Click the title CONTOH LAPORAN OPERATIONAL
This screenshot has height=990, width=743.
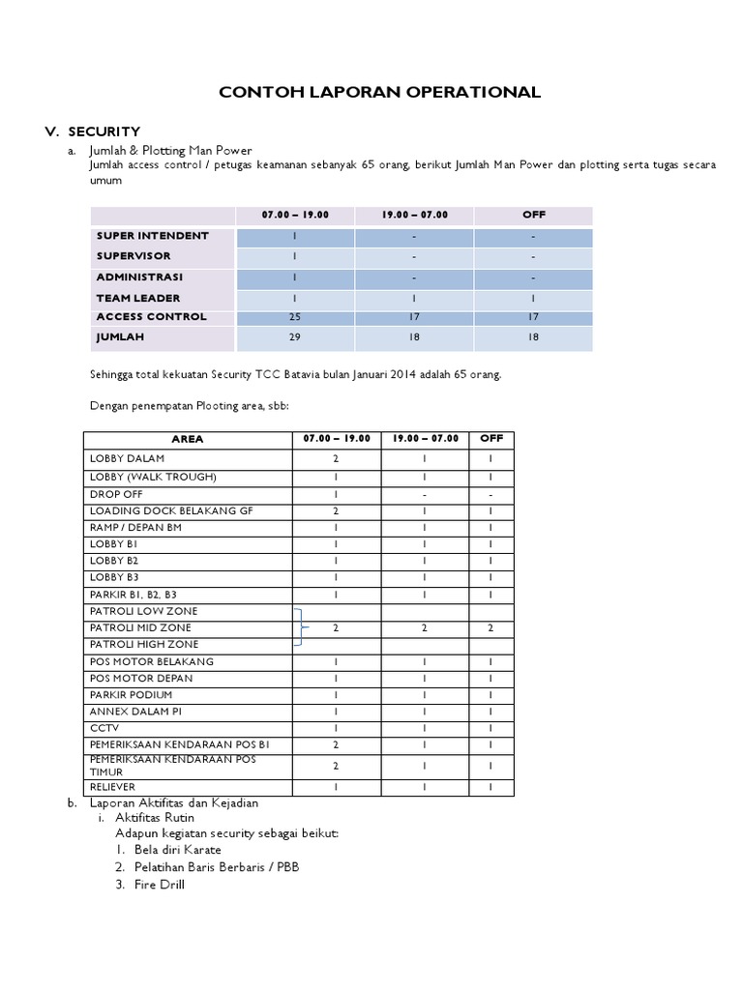click(x=379, y=93)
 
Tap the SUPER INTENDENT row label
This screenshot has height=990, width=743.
click(x=152, y=236)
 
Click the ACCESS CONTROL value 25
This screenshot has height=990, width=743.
click(x=294, y=317)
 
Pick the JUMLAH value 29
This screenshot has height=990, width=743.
click(x=294, y=337)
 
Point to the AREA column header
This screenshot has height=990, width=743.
click(x=187, y=439)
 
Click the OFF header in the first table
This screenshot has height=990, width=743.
click(x=533, y=215)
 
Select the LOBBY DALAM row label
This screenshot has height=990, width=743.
click(x=127, y=458)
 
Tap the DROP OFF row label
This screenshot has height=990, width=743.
click(x=116, y=494)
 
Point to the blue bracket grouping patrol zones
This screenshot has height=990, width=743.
click(x=302, y=627)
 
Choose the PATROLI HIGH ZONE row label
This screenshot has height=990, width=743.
click(x=144, y=644)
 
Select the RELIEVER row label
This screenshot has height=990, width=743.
click(x=113, y=788)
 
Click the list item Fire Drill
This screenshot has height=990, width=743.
click(x=160, y=885)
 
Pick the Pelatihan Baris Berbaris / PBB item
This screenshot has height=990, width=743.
click(x=217, y=867)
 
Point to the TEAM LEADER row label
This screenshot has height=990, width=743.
click(x=137, y=298)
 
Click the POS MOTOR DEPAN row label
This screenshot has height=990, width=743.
click(x=140, y=679)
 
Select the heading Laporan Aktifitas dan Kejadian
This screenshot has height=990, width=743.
click(x=174, y=802)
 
